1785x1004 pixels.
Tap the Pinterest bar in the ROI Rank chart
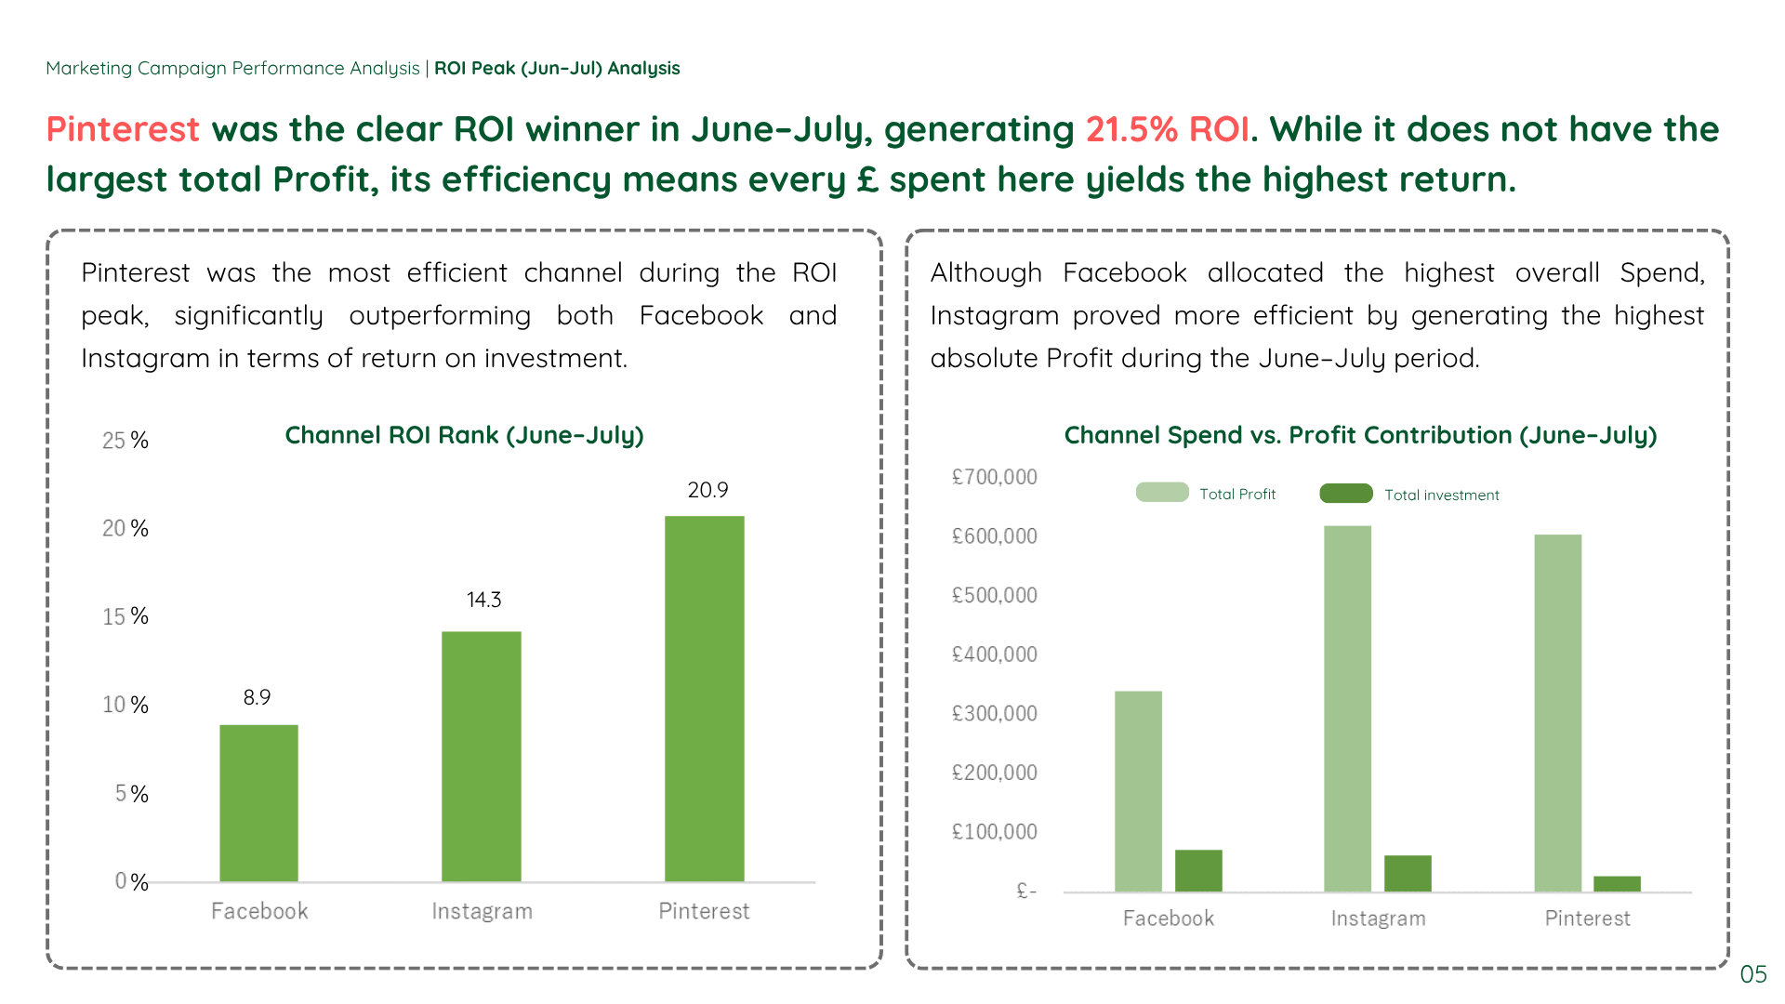tap(704, 698)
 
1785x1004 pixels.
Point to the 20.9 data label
tap(707, 490)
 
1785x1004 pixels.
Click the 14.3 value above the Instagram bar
tap(483, 600)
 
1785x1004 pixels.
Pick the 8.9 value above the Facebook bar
tap(257, 697)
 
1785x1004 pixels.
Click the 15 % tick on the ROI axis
tap(125, 616)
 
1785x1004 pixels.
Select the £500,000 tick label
tap(994, 595)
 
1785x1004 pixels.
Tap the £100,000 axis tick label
tap(994, 831)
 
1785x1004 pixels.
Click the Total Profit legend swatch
tap(1162, 493)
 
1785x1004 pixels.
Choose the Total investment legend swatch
tap(1345, 494)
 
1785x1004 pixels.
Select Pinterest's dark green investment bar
tap(1617, 883)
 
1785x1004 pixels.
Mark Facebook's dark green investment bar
tap(1198, 870)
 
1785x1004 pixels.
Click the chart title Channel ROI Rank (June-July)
tap(464, 435)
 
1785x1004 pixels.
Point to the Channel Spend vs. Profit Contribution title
tap(1360, 435)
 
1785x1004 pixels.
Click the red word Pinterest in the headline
tap(123, 129)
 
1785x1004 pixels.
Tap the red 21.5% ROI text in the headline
tap(1167, 129)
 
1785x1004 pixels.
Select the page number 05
tap(1752, 974)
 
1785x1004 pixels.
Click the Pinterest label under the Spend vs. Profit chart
tap(1587, 918)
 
